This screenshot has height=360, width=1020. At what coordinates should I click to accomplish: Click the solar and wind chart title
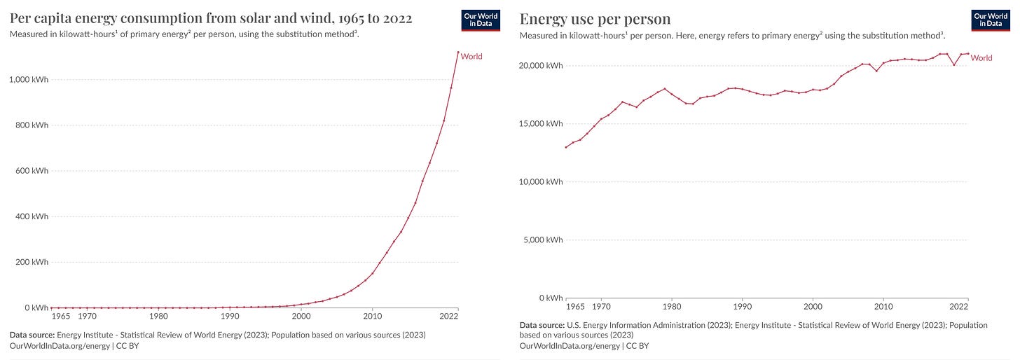pyautogui.click(x=211, y=19)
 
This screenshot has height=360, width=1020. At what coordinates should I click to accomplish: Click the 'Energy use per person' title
pyautogui.click(x=595, y=19)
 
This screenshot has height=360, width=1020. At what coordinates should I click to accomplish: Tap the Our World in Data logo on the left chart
pyautogui.click(x=480, y=21)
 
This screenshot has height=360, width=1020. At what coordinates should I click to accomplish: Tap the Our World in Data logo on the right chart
pyautogui.click(x=989, y=21)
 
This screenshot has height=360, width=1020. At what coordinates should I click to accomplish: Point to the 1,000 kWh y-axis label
pyautogui.click(x=29, y=80)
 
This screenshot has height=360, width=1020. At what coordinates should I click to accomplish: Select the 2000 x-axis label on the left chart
pyautogui.click(x=301, y=316)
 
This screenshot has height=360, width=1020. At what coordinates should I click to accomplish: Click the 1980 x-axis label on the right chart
pyautogui.click(x=672, y=306)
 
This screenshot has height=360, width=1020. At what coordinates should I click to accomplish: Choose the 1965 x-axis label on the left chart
pyautogui.click(x=62, y=316)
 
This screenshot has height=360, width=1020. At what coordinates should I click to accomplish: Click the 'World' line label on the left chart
pyautogui.click(x=471, y=57)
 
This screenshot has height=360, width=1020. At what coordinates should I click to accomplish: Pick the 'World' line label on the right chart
pyautogui.click(x=981, y=58)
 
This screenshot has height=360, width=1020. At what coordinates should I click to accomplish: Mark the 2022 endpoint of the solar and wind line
pyautogui.click(x=458, y=52)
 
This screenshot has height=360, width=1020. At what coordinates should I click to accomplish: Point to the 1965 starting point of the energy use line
pyautogui.click(x=566, y=147)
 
